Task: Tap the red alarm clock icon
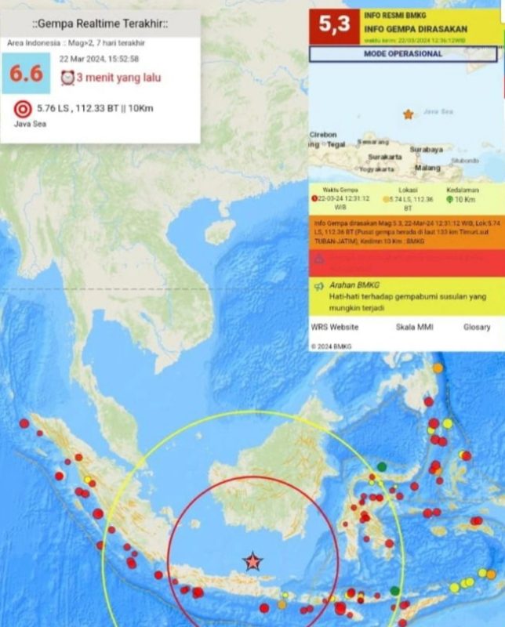67,78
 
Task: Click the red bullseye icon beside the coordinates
23,108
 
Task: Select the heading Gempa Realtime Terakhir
99,24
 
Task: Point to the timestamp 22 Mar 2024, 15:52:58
100,59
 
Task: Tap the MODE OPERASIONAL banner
403,54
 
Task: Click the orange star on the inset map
408,114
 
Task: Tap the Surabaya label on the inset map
427,148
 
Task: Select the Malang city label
427,167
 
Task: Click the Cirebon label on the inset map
323,135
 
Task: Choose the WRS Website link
335,327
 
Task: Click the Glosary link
476,327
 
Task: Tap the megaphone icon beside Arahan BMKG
319,287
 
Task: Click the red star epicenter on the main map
252,561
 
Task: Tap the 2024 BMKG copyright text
332,346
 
